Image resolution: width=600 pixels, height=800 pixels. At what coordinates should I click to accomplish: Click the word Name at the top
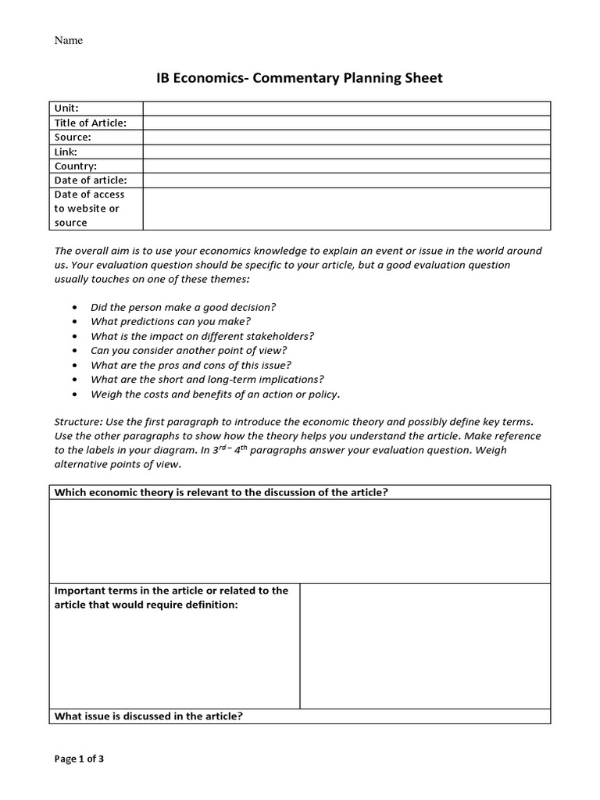(68, 41)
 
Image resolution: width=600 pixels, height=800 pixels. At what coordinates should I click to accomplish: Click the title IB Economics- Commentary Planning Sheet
(299, 78)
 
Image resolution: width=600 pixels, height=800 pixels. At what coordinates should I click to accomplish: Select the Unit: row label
(66, 109)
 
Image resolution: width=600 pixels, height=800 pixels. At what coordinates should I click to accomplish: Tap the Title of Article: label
(90, 123)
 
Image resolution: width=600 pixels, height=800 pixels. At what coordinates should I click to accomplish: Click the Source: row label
(73, 137)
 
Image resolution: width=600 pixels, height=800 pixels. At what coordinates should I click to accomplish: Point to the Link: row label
(66, 152)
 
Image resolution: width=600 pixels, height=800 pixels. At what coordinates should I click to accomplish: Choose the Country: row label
(76, 166)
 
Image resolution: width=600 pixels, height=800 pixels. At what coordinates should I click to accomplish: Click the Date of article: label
(90, 180)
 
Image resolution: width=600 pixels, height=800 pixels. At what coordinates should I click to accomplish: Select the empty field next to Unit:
(346, 109)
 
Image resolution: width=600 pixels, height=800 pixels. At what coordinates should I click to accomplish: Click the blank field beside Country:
(346, 166)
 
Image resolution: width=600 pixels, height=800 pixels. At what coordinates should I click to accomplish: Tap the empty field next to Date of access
(346, 209)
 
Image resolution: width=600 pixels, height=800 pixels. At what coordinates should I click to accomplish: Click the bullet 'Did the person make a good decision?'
(183, 307)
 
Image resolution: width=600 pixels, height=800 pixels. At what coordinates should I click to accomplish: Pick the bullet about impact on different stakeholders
(202, 336)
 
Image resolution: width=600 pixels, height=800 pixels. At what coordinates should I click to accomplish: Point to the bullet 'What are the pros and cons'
(191, 365)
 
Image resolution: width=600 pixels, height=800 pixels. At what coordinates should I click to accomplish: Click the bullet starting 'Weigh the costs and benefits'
(215, 394)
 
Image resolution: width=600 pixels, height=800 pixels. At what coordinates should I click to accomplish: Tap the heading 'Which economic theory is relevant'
(221, 492)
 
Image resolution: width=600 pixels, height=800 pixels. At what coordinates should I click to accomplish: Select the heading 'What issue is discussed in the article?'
(148, 716)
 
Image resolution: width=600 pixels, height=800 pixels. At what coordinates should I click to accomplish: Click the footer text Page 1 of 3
(79, 758)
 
